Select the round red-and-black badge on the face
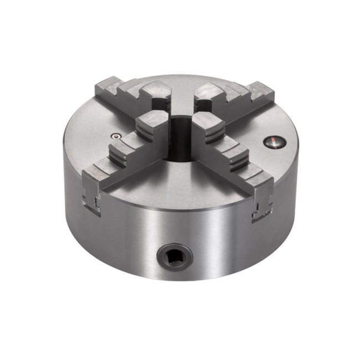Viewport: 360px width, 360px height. pos(273,142)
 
